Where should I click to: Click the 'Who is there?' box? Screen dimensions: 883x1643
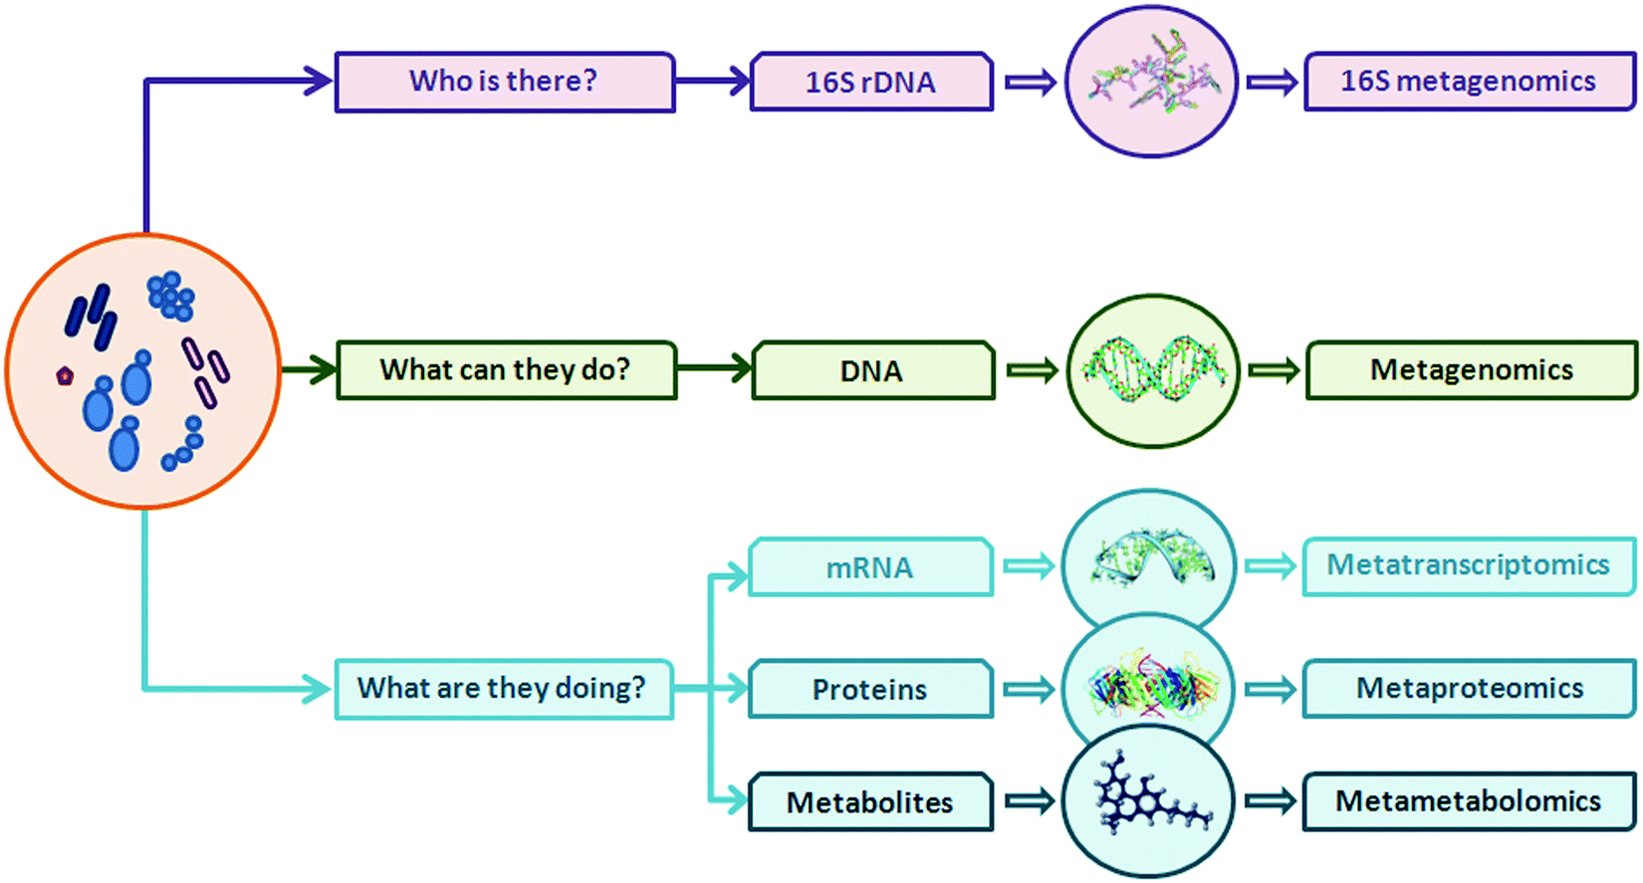point(504,82)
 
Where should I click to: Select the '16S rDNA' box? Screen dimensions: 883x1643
point(871,82)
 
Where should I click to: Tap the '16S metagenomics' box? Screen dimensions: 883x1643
point(1469,81)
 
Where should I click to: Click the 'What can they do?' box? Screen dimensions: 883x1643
point(506,370)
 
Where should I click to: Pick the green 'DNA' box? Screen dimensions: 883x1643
point(872,371)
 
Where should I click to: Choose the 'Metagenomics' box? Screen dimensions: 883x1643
point(1471,370)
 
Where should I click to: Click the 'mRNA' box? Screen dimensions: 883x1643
point(870,567)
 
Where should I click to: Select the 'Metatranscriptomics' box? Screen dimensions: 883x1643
point(1469,565)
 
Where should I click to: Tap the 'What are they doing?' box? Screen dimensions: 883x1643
point(503,688)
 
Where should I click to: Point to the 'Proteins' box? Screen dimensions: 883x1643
point(870,689)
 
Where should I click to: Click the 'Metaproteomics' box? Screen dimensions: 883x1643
point(1469,688)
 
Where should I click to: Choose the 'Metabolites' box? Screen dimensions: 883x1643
point(870,802)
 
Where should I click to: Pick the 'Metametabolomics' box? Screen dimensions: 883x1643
point(1469,801)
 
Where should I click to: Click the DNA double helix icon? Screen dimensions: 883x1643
point(1153,370)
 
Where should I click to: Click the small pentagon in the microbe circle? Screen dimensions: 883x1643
point(65,375)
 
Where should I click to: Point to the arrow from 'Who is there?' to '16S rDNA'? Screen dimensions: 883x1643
point(712,81)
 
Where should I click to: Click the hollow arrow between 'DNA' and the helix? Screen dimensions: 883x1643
point(1031,370)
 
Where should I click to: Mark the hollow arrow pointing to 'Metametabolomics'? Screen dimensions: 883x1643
point(1271,800)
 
